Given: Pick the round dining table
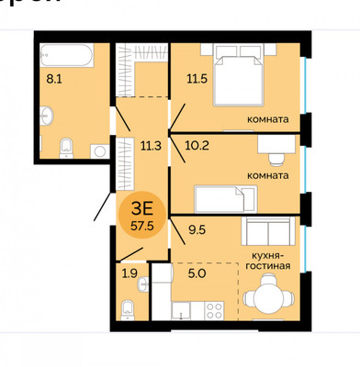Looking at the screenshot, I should (267, 296).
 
